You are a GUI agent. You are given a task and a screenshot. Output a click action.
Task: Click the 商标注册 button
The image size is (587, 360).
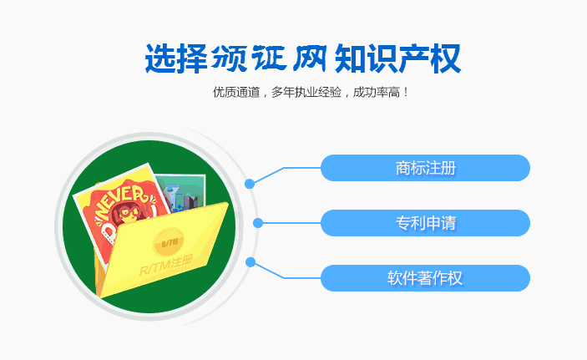click(x=425, y=168)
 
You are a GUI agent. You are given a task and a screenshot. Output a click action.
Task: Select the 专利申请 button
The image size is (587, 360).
click(x=425, y=223)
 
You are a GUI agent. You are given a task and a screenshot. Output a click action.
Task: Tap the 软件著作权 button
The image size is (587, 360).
click(x=425, y=278)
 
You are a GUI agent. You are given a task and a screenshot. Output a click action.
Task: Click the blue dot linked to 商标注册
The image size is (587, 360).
click(x=250, y=184)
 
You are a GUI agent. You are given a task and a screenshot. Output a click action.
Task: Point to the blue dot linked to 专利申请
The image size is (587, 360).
click(x=257, y=223)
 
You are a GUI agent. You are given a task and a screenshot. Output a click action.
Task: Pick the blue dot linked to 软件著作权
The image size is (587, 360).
click(x=250, y=262)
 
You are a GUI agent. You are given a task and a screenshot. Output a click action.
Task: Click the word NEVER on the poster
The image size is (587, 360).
click(x=120, y=201)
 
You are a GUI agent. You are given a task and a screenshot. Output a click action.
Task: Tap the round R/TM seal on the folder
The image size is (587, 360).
click(x=169, y=243)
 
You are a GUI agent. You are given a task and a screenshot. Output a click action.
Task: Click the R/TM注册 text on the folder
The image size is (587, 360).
click(x=166, y=265)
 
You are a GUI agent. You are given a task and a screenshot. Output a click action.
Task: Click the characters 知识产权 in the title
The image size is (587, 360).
click(x=397, y=58)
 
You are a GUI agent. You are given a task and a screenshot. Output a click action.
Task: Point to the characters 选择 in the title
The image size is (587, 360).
click(x=176, y=58)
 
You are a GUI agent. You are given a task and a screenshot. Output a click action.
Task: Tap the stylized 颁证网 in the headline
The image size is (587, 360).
click(x=269, y=58)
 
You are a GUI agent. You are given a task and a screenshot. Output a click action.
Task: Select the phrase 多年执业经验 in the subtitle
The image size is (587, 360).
click(x=306, y=92)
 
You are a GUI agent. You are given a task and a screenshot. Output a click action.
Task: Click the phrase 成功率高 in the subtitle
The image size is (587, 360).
click(x=377, y=92)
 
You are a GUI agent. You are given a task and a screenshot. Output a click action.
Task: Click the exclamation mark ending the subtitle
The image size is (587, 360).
click(x=406, y=92)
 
